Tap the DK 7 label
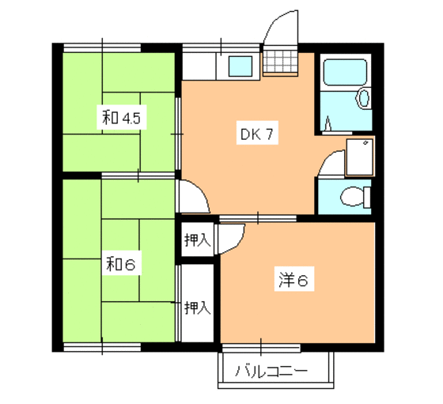click(x=257, y=134)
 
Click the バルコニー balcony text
click(x=271, y=370)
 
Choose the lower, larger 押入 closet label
click(x=197, y=308)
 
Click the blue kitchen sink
click(x=240, y=66)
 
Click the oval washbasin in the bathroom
click(x=362, y=99)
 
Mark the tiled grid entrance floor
click(x=277, y=62)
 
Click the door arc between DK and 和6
click(x=193, y=198)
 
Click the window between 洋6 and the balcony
click(x=259, y=346)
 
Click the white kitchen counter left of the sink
click(x=201, y=66)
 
